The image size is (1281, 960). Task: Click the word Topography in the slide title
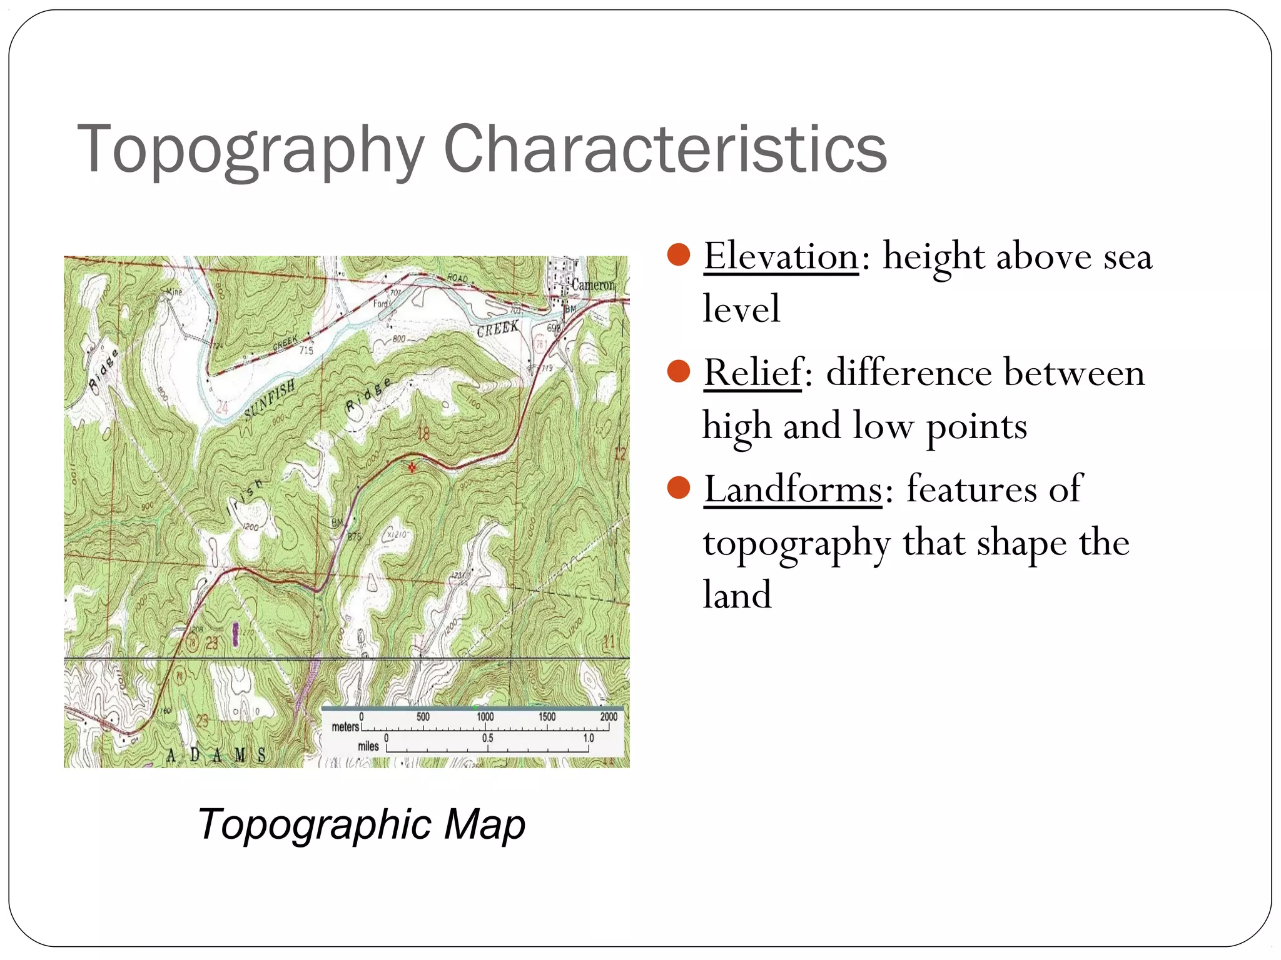[251, 150]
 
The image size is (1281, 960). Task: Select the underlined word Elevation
[781, 256]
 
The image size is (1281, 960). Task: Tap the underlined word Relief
[753, 372]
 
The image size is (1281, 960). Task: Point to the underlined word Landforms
[793, 489]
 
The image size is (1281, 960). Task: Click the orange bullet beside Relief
[678, 371]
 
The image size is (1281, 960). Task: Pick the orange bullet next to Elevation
[678, 255]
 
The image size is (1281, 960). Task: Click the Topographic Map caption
[362, 824]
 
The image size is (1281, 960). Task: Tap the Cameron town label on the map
[592, 285]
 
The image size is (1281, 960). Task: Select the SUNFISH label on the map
[270, 400]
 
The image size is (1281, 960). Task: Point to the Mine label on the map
[174, 292]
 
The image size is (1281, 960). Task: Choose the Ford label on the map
[382, 304]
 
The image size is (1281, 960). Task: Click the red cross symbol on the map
[412, 467]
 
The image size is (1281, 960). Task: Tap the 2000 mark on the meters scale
[608, 717]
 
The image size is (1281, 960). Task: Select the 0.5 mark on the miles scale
[487, 738]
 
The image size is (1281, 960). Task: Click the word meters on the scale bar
[345, 727]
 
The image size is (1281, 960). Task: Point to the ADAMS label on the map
[216, 756]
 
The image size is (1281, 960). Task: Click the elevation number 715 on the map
[306, 350]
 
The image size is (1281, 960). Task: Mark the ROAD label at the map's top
[457, 277]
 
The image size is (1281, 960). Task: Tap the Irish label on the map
[245, 497]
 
